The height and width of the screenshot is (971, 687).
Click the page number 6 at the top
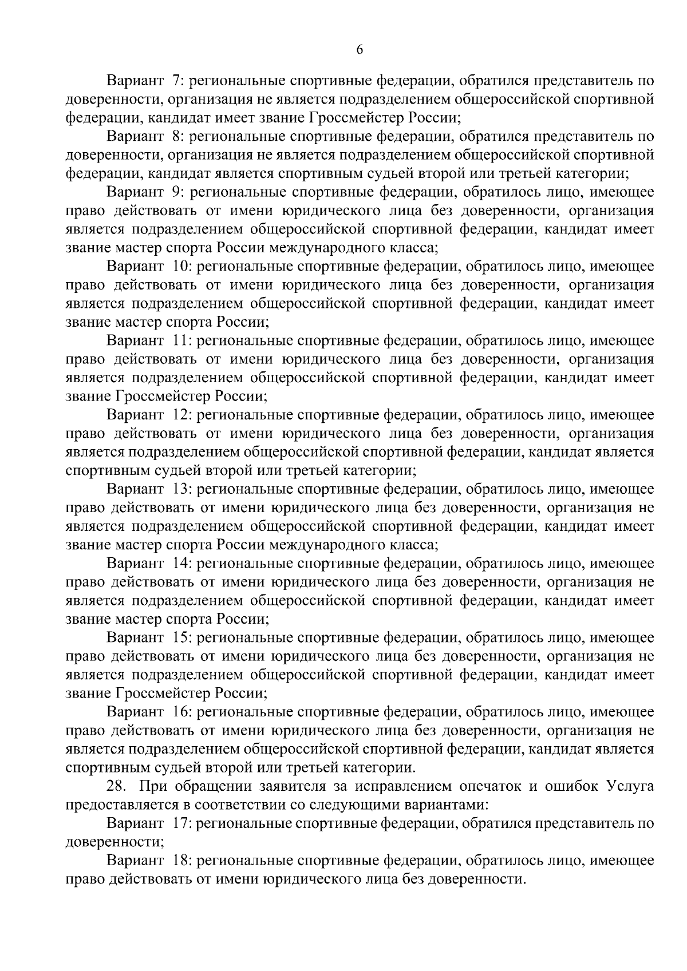[360, 50]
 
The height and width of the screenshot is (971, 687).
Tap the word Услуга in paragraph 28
[629, 787]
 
